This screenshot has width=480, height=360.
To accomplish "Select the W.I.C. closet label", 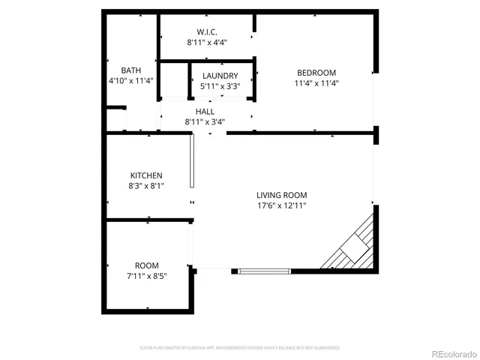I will coord(207,32).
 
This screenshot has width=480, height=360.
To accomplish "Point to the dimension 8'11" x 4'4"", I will coord(207,43).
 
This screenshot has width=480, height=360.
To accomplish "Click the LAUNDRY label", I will coord(220,76).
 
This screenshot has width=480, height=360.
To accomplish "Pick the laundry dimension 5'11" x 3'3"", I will coord(220,86).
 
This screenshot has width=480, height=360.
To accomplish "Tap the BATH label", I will coord(130,70).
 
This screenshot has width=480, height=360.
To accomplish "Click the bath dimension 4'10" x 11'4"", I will coord(130,80).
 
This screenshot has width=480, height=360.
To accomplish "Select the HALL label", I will coord(205,111).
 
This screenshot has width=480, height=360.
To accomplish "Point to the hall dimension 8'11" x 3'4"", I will coord(205,121).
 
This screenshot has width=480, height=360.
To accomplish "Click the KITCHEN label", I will coord(146,175).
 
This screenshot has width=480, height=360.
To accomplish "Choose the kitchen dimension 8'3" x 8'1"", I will coord(146,185).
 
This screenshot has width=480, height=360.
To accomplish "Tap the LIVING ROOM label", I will coord(281,195).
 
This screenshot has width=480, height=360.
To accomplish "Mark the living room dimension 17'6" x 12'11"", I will coord(281,205).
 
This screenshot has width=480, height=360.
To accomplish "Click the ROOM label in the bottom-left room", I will coord(146,265).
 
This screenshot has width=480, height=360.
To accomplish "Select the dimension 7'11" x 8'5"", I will coord(146,276).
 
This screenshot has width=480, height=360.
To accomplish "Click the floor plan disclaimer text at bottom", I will coord(240,348).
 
